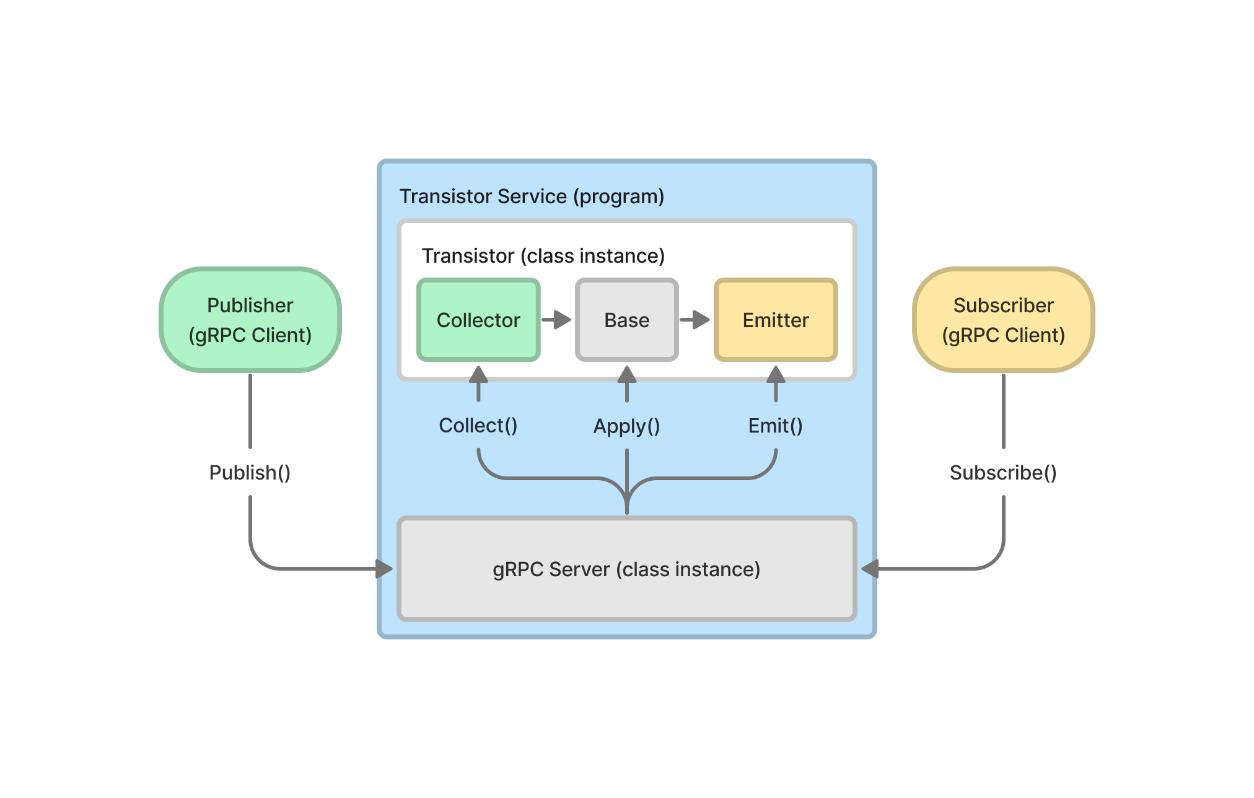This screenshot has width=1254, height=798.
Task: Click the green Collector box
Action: pos(478,320)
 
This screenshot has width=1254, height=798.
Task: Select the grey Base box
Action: pos(626,320)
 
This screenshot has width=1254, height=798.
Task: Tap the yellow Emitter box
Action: pos(776,320)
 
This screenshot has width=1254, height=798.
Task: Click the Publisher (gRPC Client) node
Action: pos(250,320)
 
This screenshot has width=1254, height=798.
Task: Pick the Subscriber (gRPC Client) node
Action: pos(1003,320)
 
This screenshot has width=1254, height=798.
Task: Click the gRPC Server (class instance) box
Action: pos(626,569)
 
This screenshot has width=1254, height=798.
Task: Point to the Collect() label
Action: pos(478,426)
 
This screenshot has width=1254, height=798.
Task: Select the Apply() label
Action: pos(626,426)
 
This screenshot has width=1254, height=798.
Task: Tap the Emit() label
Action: pos(775,426)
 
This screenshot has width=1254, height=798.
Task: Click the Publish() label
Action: pos(250,473)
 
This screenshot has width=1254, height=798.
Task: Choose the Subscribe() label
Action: pos(1003,473)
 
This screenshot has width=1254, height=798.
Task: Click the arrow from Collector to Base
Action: pos(556,320)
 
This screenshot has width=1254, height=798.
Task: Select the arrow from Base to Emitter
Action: pos(695,320)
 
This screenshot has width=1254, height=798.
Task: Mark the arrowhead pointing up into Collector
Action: pos(478,375)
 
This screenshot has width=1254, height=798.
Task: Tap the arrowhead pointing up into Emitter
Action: pos(776,375)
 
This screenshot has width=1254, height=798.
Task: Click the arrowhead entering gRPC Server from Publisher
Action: pos(384,569)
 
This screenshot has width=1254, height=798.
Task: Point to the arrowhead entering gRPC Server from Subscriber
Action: pos(870,569)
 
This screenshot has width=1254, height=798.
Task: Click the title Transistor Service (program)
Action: pos(532,196)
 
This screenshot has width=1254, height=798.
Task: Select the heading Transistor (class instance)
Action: pos(543,256)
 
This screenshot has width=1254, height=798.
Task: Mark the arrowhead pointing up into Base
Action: pos(627,375)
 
